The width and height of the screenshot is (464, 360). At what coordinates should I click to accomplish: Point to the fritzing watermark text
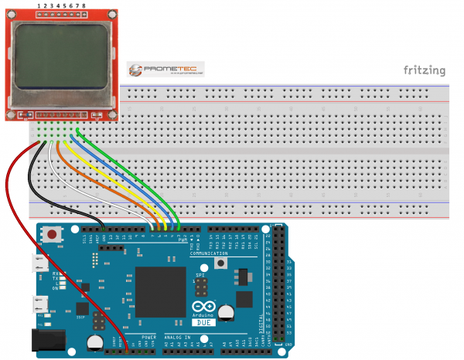(424, 71)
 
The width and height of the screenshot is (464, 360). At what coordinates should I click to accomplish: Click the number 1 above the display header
(39, 5)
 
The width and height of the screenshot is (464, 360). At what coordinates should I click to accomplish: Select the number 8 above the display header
(84, 5)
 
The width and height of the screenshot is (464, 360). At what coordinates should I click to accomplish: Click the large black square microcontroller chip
(160, 290)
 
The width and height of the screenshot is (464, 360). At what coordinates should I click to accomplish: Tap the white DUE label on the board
(203, 322)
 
